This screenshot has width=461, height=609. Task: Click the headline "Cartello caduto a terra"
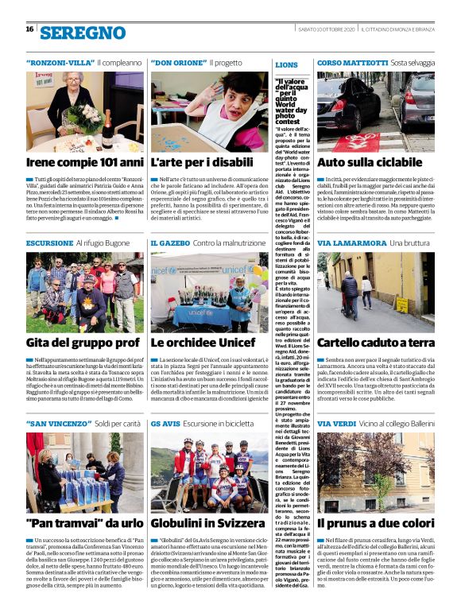coord(376,343)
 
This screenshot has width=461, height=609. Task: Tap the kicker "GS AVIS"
coord(165,423)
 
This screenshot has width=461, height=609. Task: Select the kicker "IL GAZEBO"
coord(169,242)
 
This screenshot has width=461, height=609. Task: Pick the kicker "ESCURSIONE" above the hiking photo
coord(50,242)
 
